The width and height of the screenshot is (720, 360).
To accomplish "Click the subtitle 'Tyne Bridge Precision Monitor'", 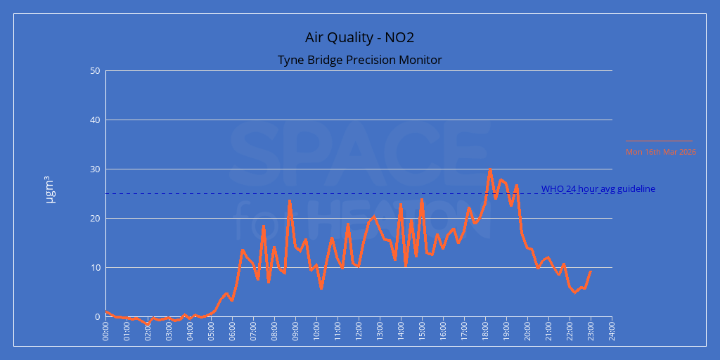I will [359, 60].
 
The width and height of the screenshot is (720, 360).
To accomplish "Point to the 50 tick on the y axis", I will [95, 71].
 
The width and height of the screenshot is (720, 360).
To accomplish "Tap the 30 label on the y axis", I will [95, 169].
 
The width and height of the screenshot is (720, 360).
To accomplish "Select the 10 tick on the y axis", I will [95, 268].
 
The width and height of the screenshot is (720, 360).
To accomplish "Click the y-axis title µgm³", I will [50, 191].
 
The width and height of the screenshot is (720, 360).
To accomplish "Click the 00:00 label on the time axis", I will [105, 330].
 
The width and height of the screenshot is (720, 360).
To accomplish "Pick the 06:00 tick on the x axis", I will [232, 330].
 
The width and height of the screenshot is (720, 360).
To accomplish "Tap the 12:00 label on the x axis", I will [359, 330].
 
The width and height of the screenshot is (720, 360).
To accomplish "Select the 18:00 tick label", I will [485, 330].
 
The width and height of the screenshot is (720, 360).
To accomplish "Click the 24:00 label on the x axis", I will [612, 330].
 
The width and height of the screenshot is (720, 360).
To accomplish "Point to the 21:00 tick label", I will [548, 330].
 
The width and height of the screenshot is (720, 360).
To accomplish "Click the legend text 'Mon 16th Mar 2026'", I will [660, 151].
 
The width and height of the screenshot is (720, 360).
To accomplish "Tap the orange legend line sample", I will [659, 141].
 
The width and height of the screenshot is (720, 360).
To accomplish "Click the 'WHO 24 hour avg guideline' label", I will [598, 188].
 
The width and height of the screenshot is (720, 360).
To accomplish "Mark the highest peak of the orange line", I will [490, 170].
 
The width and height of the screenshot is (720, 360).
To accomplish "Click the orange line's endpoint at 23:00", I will [591, 271].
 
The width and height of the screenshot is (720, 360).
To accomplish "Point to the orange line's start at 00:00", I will [106, 311].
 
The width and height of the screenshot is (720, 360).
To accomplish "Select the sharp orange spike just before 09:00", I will [289, 200].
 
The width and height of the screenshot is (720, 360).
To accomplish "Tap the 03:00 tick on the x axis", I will [169, 330].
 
